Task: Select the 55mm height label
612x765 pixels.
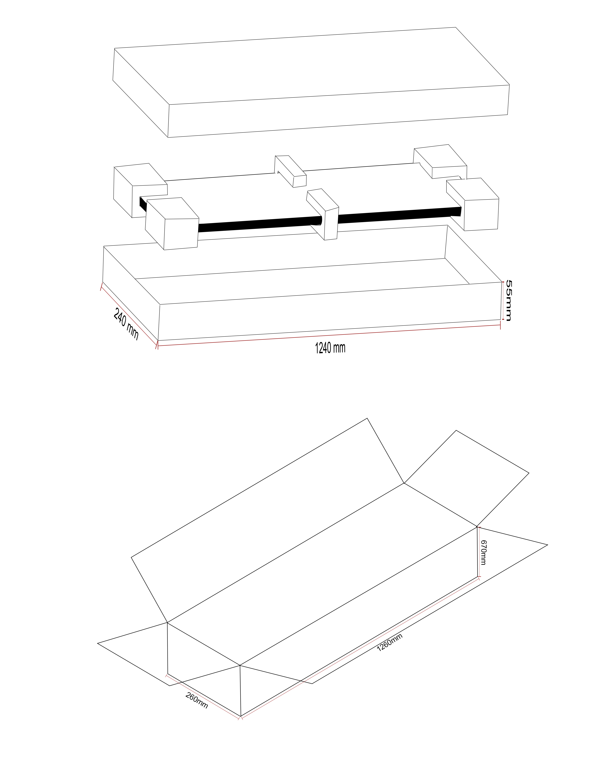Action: (508, 300)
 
